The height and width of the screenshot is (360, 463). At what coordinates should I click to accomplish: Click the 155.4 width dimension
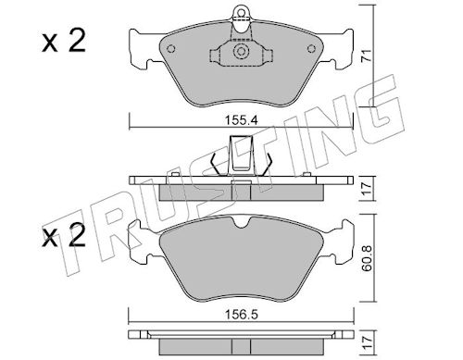pos(241,120)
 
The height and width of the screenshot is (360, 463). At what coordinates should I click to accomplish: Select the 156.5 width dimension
pos(242,315)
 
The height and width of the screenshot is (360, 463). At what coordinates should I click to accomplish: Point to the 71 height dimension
pos(366,56)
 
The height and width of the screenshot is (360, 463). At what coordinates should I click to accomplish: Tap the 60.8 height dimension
pos(367,258)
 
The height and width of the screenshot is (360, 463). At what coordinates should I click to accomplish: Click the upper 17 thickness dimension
pos(367,189)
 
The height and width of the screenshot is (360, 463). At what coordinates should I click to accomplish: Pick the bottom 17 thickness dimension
pos(367,342)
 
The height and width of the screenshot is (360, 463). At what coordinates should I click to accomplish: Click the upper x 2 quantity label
pos(64,41)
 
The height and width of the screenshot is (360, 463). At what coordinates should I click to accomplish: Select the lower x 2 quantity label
pos(64,235)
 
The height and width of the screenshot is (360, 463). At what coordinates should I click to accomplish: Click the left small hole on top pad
pos(170,49)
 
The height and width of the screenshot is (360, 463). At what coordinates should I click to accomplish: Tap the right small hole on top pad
pos(312,49)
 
